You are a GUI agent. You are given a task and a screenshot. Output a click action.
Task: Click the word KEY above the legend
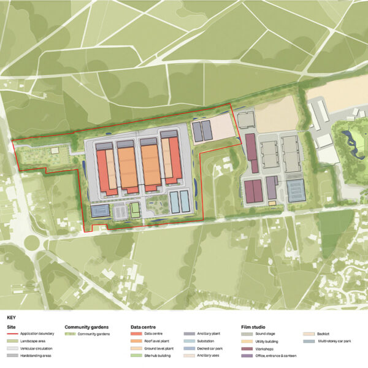coord(11,318)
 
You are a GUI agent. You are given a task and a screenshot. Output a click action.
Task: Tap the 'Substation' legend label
coord(206,341)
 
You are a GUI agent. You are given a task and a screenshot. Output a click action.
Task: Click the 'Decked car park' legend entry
coord(209,348)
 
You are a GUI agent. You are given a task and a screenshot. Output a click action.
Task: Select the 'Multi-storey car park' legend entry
coord(328,341)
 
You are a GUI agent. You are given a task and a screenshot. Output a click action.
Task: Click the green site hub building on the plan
coord(135,210)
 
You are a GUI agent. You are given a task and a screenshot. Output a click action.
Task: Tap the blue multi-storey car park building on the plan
coord(295,190)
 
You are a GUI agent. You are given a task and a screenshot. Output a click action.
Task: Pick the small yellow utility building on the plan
coord(272,203)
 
